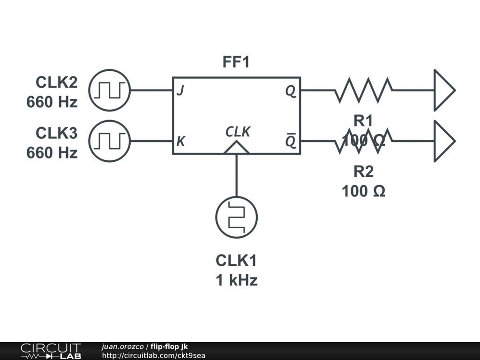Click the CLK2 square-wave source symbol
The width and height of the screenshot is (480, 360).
pos(109,90)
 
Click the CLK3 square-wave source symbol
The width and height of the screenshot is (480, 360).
pos(109,141)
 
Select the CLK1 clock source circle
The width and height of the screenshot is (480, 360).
pos(236,217)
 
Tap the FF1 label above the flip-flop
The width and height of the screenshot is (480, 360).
pos(236,62)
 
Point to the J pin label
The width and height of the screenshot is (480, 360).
pos(180,91)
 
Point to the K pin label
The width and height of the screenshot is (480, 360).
pos(180,142)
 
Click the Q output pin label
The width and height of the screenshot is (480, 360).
pos(291,91)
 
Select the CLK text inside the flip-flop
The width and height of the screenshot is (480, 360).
pos(238,132)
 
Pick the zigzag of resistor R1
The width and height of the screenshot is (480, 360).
pos(363,90)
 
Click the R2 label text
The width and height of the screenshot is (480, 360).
pos(363,172)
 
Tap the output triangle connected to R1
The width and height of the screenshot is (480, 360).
pos(443,90)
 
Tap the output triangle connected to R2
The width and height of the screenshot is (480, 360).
pos(443,141)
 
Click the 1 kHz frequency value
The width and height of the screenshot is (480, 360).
pos(236,280)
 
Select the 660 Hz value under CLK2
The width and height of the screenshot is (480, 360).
pos(52,102)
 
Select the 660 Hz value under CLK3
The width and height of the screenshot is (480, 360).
pos(52,153)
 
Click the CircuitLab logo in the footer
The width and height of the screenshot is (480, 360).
pos(51,351)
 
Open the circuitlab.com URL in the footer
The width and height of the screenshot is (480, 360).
pos(154,355)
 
